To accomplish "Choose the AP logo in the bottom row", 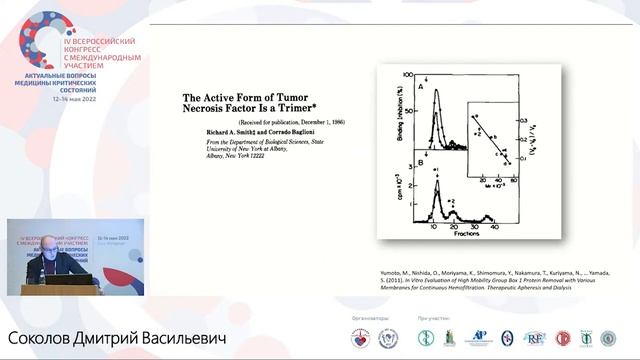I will coord(479,338).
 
